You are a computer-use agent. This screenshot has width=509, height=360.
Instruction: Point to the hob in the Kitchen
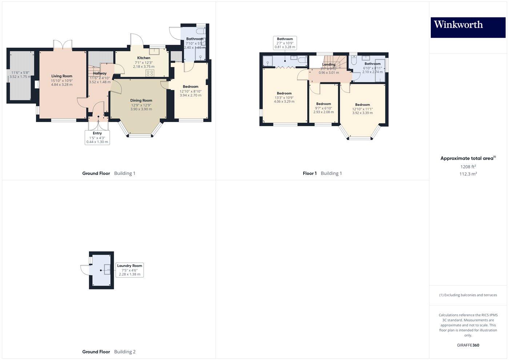[150, 73]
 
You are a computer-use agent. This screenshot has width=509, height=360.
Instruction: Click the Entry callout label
[97, 137]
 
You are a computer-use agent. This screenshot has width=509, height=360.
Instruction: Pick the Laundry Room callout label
[129, 270]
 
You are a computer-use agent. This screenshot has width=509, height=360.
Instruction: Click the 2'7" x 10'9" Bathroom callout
[285, 43]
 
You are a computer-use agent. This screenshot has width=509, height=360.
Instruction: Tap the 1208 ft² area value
[468, 167]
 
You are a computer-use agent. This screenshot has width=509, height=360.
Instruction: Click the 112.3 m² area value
[468, 174]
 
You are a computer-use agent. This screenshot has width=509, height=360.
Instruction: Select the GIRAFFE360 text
[468, 345]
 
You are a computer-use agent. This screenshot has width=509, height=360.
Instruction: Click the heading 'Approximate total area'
[467, 158]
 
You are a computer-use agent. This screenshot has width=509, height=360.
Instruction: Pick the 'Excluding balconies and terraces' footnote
[468, 295]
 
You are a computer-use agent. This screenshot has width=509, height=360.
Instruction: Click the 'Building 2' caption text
[125, 352]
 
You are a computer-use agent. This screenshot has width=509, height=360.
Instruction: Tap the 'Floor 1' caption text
[310, 173]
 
